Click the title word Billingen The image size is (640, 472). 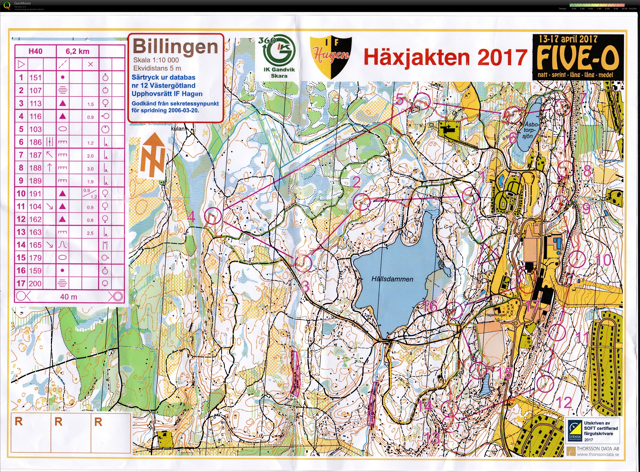[175, 47]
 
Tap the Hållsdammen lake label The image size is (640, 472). [392, 279]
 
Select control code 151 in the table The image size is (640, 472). [35, 78]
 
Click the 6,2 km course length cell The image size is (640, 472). [77, 51]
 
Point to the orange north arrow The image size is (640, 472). [152, 156]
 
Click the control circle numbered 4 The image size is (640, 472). [213, 216]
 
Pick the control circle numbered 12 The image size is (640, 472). [545, 384]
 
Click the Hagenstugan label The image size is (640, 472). [496, 315]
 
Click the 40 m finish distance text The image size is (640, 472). [68, 297]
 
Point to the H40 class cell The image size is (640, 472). [35, 51]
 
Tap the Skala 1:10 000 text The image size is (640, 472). [156, 60]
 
